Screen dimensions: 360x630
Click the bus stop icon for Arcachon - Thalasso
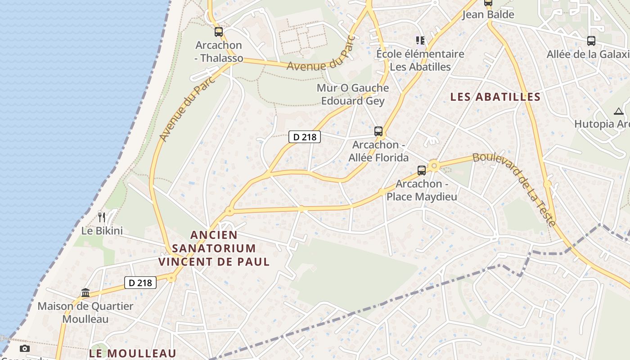pos(219,32)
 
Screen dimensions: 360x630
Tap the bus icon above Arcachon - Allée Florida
pos(378,131)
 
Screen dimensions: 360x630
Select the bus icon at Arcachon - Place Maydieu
pos(422,171)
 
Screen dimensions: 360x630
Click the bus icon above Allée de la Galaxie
pos(591,41)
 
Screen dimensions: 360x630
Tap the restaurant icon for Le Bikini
pos(102,217)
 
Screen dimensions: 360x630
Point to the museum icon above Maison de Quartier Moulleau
pos(85,293)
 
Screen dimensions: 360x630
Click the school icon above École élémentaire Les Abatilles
pos(420,41)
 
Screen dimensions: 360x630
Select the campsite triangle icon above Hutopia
pos(618,111)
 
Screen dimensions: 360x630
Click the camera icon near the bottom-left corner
pos(25,348)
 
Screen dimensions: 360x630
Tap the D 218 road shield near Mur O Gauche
pos(305,137)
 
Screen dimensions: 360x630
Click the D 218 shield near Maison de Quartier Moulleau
pos(140,283)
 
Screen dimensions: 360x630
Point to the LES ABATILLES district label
pos(495,97)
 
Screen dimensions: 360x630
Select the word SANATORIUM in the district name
pos(214,248)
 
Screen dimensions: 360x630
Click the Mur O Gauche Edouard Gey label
pos(353,94)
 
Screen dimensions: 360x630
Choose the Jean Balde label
pos(488,14)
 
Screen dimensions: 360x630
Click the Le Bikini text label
pos(102,231)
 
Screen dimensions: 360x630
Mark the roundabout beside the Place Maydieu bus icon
pos(434,166)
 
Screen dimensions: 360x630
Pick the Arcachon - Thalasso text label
pos(219,52)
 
